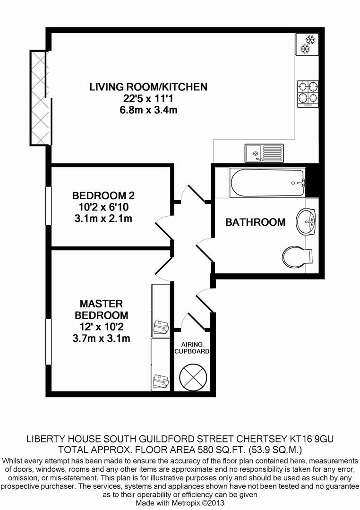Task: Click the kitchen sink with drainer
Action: click(264, 153)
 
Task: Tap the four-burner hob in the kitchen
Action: click(308, 94)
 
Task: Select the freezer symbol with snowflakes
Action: click(307, 44)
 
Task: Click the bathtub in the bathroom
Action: click(267, 183)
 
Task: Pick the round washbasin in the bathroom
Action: click(306, 221)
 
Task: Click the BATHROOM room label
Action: click(256, 222)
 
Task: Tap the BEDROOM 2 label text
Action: click(103, 195)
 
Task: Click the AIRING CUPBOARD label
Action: click(192, 348)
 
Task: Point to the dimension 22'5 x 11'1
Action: click(148, 99)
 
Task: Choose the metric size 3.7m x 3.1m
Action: click(101, 338)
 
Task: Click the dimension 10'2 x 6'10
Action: click(103, 207)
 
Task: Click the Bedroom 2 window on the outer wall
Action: click(49, 205)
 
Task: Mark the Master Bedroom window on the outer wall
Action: click(49, 342)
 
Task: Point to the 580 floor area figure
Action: click(206, 450)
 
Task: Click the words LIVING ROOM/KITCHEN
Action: click(148, 87)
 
